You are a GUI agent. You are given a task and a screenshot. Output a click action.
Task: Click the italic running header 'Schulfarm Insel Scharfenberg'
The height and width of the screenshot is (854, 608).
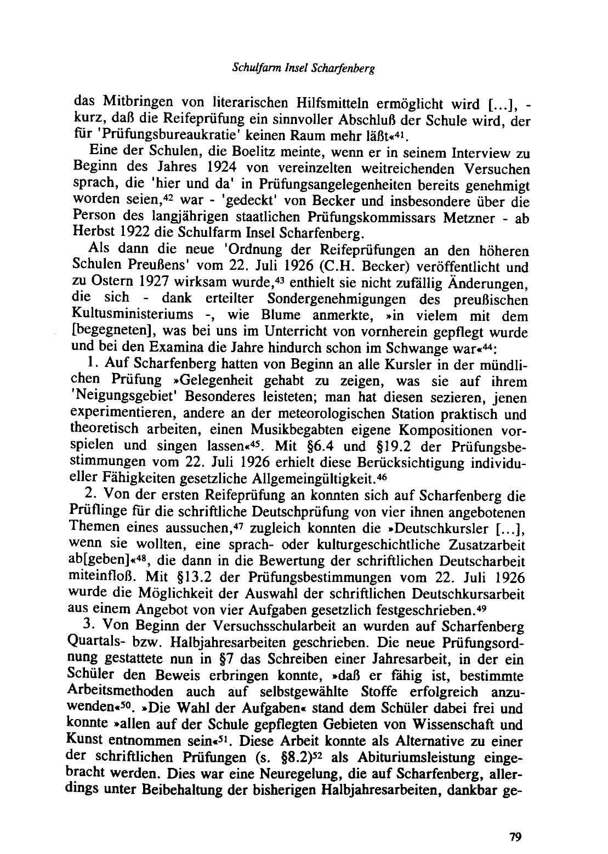(x=304, y=71)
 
